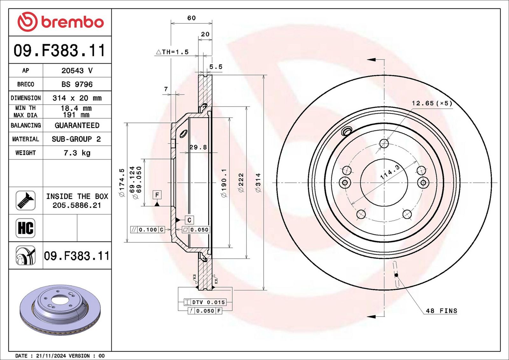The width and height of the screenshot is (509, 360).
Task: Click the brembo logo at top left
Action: pos(60,22)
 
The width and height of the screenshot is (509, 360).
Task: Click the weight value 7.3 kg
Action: pos(77,153)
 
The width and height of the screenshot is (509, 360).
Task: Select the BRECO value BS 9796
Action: pos(77,84)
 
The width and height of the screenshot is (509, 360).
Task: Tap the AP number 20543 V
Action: pos(77,71)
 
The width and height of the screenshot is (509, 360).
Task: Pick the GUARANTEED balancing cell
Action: pos(77,125)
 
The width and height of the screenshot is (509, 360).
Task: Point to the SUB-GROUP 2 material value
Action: pos(76,139)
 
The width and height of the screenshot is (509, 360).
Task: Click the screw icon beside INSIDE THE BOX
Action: pos(25,200)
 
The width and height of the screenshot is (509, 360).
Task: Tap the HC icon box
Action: pos(25,228)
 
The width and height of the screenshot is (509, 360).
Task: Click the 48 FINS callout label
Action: pos(441,311)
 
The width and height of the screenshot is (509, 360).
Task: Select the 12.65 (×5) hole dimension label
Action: pos(432,103)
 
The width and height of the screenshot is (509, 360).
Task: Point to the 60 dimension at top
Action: pos(192,18)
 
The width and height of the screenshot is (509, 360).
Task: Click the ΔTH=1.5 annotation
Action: pos(172,52)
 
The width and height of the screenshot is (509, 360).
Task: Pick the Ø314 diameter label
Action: pos(258,183)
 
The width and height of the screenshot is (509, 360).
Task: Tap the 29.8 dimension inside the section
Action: pos(198,147)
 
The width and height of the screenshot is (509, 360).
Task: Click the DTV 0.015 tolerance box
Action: pos(205,302)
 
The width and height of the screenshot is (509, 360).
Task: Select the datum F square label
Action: pos(157,195)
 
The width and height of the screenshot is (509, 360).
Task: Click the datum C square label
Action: pos(189,220)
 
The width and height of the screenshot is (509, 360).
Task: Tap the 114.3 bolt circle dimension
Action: pos(390,172)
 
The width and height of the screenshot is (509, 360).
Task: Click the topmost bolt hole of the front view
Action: pos(384,144)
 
